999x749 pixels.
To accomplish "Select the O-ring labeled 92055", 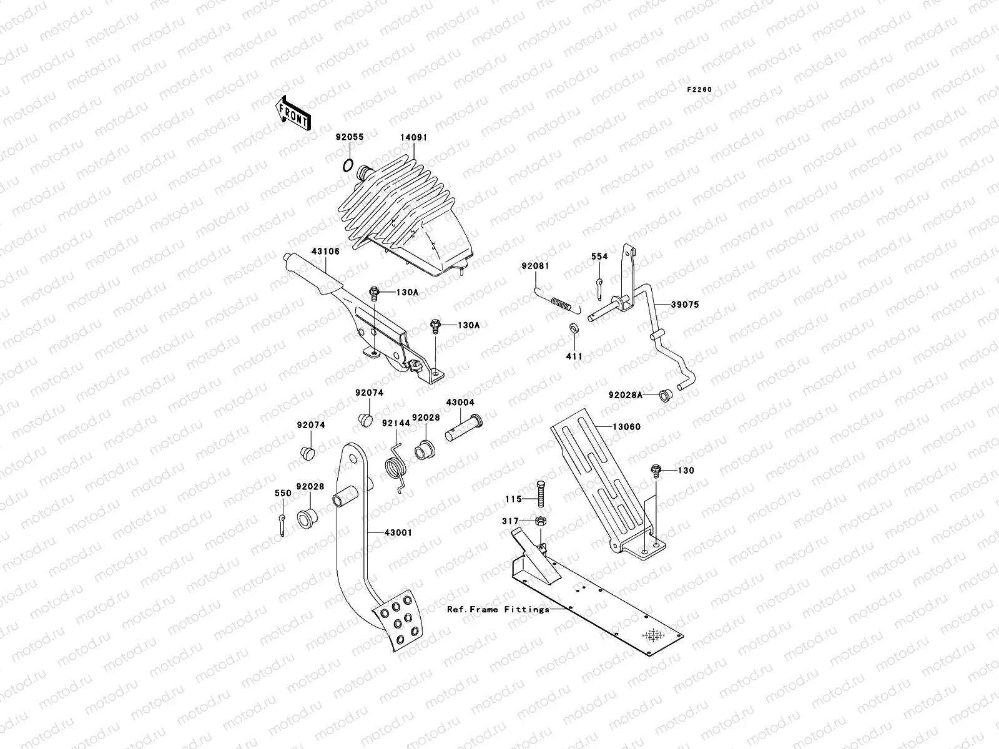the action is pos(348,166).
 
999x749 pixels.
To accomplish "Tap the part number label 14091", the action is pos(414,137).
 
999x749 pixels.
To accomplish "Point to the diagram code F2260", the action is pos(699,90).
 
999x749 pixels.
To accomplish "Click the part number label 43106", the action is pos(325,251).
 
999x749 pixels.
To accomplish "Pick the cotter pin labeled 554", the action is pos(600,289).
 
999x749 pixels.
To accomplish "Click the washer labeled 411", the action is pos(574,328).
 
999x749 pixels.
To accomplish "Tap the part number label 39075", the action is pos(685,305).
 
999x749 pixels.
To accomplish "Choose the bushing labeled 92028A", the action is pos(666,395).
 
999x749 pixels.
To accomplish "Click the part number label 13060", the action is pos(626,426).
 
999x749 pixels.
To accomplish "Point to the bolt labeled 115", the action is pos(541,494).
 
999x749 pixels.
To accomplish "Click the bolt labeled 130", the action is pos(656,471).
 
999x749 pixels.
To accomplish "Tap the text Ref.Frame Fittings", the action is pos(498,609).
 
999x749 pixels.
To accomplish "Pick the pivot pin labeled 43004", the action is pos(464,428).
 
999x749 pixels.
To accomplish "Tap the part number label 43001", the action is pos(398,532).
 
